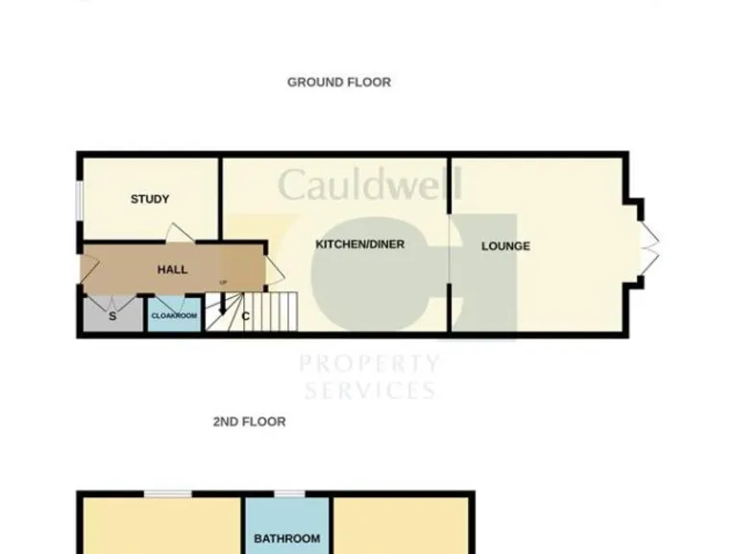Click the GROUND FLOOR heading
pyautogui.click(x=338, y=83)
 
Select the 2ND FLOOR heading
pyautogui.click(x=249, y=421)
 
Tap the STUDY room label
pyautogui.click(x=150, y=199)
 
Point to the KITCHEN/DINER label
pyautogui.click(x=359, y=244)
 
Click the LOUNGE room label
pyautogui.click(x=505, y=246)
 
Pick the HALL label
pyautogui.click(x=172, y=270)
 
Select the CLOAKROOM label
pyautogui.click(x=174, y=315)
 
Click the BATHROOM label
pyautogui.click(x=286, y=539)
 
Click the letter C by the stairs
pyautogui.click(x=246, y=315)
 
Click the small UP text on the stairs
pyautogui.click(x=224, y=282)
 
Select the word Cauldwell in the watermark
pyautogui.click(x=370, y=184)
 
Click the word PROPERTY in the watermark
pyautogui.click(x=370, y=365)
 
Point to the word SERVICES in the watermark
pyautogui.click(x=370, y=390)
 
